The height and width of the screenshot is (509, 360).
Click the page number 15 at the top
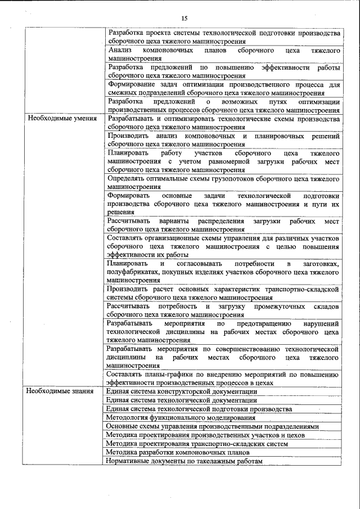pos(184,19)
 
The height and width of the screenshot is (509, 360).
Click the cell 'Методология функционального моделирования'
pos(180,417)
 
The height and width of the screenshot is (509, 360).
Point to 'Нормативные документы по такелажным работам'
pos(184,461)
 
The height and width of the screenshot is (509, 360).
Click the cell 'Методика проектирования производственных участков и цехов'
pos(205,435)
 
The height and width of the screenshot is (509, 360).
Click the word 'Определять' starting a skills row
pos(127,179)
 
